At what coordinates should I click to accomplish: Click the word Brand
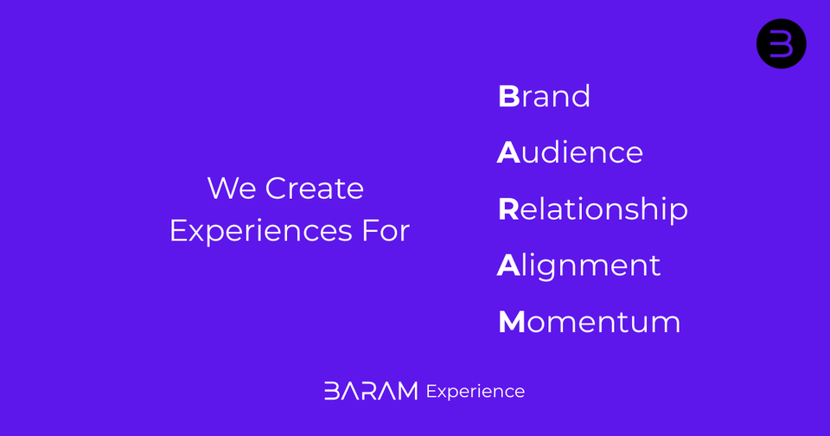click(x=544, y=96)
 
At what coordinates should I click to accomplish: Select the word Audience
click(x=570, y=152)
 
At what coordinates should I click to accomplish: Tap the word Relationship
click(x=592, y=209)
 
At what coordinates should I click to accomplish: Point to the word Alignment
click(x=578, y=266)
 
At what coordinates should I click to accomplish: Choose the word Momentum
click(x=589, y=322)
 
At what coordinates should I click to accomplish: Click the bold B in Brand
click(x=508, y=96)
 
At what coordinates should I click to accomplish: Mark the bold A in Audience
click(x=508, y=152)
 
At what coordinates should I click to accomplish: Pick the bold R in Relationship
click(x=508, y=209)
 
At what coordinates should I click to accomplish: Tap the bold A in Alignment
click(x=508, y=266)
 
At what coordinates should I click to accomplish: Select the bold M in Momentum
click(x=511, y=322)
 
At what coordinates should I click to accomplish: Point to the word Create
click(x=314, y=188)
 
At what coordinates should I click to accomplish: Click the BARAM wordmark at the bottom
click(x=370, y=391)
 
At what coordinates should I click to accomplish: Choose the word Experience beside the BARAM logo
click(x=475, y=392)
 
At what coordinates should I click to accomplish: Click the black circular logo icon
click(x=781, y=43)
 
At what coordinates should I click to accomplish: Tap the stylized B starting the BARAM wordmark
click(x=331, y=391)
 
